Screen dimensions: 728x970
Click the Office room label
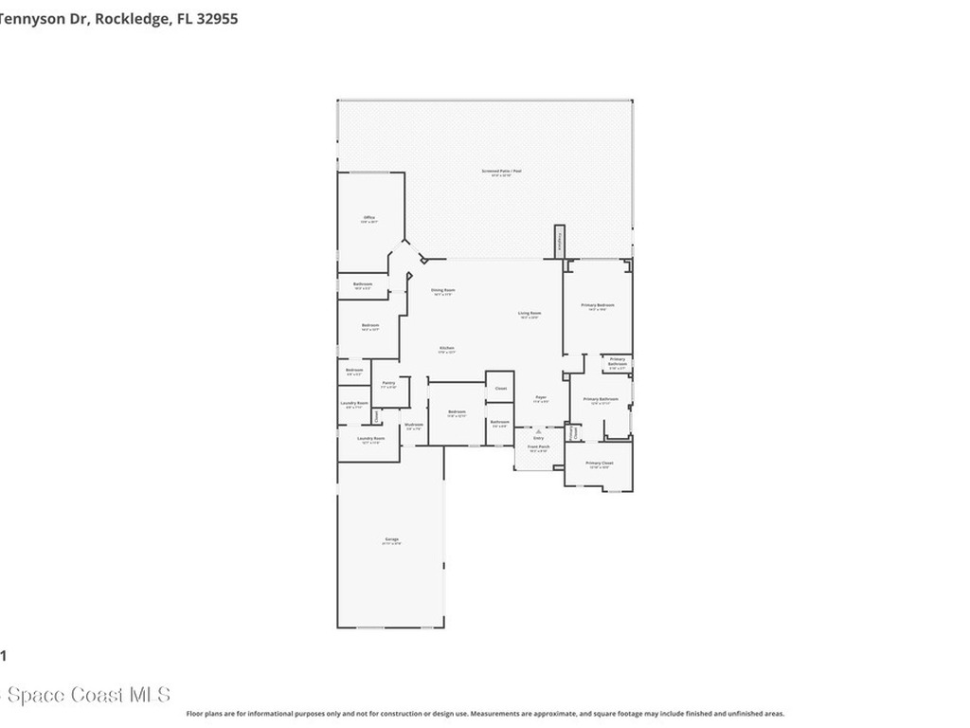[369, 218]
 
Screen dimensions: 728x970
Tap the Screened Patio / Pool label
[501, 172]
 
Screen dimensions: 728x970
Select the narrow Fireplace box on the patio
[560, 241]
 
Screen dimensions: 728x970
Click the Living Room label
[529, 314]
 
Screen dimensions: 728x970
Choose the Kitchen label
[446, 349]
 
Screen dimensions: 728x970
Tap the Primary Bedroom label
[598, 305]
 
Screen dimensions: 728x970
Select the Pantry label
[388, 383]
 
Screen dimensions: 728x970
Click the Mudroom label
[414, 425]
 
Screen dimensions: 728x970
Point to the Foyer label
[541, 397]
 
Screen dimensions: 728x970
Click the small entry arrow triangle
[538, 429]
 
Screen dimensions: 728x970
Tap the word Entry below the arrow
[538, 438]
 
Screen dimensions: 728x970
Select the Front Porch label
[538, 446]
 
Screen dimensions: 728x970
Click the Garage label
[391, 539]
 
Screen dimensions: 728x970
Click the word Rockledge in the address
[132, 18]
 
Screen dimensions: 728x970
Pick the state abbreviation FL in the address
[184, 18]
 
